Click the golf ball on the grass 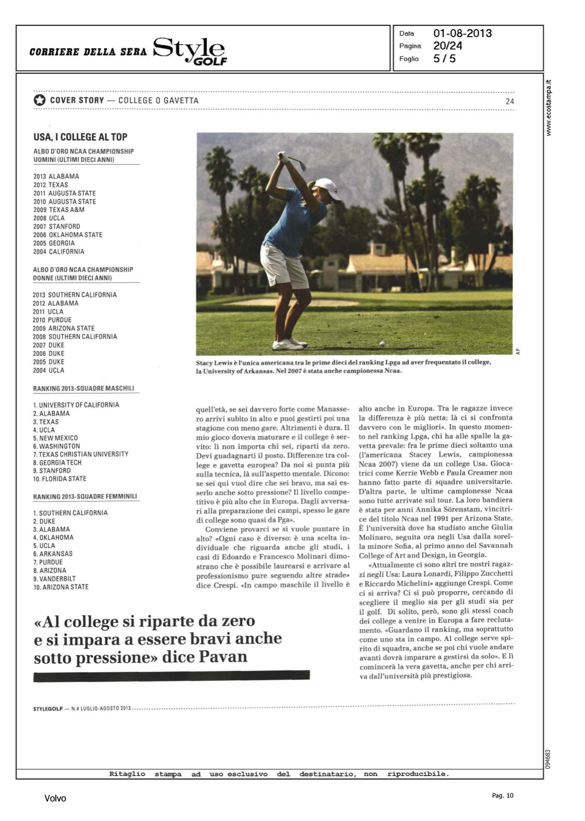(x=382, y=343)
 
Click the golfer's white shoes (x=289, y=344)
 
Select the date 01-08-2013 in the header (x=462, y=33)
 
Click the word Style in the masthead (x=189, y=49)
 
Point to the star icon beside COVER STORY (x=39, y=100)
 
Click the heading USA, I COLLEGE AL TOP (x=80, y=137)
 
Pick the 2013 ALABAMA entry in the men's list (x=56, y=176)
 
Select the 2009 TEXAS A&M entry (x=59, y=210)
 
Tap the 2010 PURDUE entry (x=52, y=320)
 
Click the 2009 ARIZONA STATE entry (x=63, y=328)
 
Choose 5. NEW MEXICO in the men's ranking (x=55, y=438)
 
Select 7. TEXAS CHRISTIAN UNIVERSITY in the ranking (x=81, y=454)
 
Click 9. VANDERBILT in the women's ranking (x=54, y=579)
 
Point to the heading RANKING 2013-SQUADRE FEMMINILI (x=85, y=496)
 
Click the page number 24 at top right (x=509, y=101)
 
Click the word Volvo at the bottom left (x=55, y=799)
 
